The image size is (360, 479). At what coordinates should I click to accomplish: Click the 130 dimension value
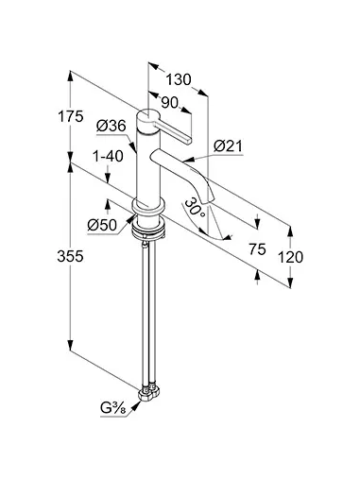(179, 79)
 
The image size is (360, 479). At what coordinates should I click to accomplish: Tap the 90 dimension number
(170, 102)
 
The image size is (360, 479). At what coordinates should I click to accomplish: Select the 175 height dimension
(71, 116)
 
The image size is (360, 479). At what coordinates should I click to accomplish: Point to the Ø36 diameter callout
(111, 126)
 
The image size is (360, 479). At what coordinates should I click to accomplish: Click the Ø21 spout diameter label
(229, 146)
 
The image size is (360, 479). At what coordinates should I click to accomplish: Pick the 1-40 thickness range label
(108, 156)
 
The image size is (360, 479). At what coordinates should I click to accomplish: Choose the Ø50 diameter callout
(102, 225)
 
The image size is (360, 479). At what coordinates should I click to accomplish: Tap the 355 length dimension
(70, 256)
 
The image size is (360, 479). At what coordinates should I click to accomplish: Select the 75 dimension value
(257, 249)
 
